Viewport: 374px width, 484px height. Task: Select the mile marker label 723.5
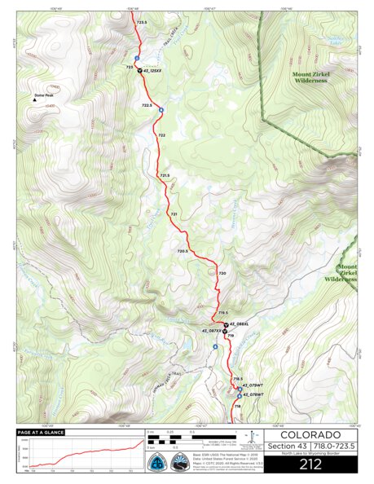[x=143, y=22]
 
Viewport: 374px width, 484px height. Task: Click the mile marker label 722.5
[x=147, y=105]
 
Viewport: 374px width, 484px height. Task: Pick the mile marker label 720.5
[x=183, y=251]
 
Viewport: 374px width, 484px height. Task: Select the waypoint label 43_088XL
[x=238, y=324]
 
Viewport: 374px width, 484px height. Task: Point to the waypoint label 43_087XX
[x=211, y=331]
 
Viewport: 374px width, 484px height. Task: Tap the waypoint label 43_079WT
[x=253, y=385]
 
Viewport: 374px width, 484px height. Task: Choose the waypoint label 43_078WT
[x=253, y=394]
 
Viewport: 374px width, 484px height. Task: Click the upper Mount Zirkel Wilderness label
[x=310, y=77]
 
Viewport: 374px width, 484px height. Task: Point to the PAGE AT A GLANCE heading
[x=41, y=433]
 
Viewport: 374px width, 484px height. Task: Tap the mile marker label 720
[x=222, y=273]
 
